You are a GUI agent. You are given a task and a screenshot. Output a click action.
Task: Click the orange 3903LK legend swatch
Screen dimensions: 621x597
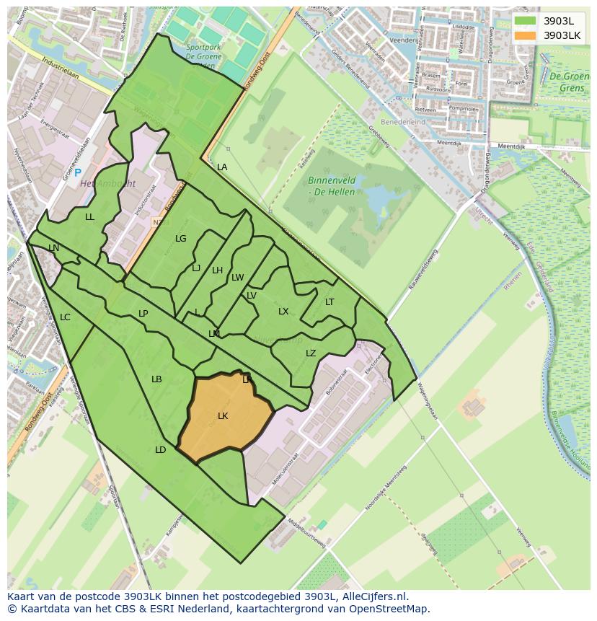(525, 35)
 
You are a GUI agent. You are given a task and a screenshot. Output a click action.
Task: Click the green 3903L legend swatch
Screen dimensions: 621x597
(525, 21)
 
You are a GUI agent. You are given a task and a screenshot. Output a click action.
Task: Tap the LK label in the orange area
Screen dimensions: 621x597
(223, 416)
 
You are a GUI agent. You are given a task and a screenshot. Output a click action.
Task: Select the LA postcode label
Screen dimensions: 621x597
(222, 167)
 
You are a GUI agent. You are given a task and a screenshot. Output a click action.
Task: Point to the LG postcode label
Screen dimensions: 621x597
(180, 239)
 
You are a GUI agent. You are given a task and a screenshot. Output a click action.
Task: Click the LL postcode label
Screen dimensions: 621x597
(89, 217)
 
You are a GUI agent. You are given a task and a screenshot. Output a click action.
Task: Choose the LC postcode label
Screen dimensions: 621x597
(65, 317)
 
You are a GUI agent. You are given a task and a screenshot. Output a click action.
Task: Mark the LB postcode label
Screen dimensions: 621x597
(156, 379)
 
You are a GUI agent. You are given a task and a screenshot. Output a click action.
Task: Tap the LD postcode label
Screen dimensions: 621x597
(160, 450)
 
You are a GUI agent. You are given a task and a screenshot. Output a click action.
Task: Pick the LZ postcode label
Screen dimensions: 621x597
(311, 353)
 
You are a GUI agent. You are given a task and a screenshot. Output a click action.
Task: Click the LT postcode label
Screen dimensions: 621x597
(330, 302)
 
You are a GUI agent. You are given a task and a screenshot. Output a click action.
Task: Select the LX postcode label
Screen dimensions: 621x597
(283, 312)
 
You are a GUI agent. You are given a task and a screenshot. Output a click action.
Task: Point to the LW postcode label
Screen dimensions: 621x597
(238, 278)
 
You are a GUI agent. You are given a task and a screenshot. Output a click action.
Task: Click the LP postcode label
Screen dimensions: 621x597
(143, 314)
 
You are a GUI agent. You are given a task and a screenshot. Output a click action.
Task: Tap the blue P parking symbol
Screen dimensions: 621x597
(78, 174)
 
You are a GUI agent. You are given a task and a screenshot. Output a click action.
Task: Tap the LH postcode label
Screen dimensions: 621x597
(217, 270)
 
